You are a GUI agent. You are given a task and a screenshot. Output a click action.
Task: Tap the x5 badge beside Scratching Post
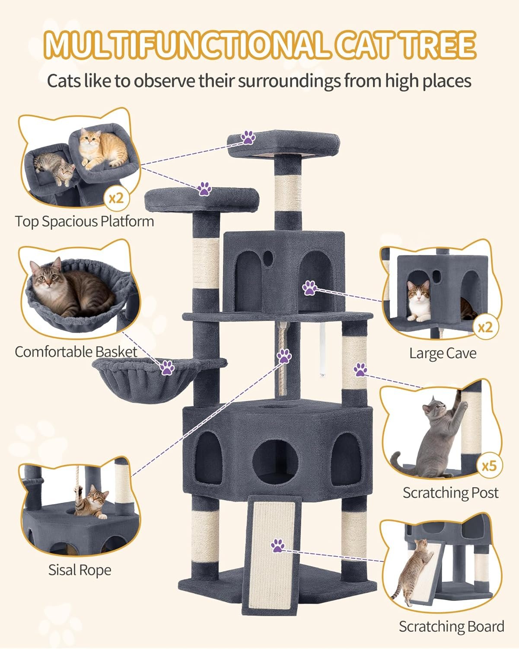click(x=489, y=466)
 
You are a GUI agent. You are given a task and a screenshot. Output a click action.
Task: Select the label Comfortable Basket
click(x=76, y=352)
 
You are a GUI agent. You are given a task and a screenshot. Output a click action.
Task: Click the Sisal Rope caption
click(x=80, y=570)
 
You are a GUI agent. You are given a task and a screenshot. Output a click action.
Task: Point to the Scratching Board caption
click(x=451, y=626)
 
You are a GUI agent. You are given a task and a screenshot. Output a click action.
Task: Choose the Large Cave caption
click(x=443, y=353)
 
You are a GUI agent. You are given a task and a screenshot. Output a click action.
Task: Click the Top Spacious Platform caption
click(x=85, y=221)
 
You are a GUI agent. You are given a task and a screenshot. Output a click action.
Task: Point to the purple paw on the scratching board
click(x=277, y=546)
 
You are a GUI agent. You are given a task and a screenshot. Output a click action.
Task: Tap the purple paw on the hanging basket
click(x=168, y=368)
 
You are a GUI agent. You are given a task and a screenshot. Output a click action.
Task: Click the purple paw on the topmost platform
click(x=248, y=138)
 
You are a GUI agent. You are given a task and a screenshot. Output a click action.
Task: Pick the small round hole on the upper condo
click(x=268, y=258)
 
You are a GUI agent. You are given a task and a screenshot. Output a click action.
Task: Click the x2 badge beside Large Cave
click(x=486, y=327)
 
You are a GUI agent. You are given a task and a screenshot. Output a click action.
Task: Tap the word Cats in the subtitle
click(x=64, y=81)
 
